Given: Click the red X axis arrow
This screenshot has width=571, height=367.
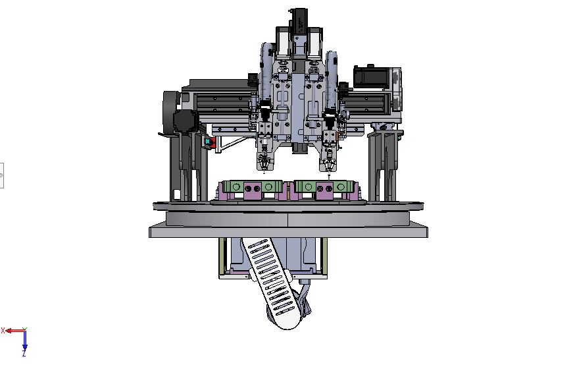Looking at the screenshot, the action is [14, 331].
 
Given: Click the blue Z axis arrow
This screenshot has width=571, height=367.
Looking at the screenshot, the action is [25, 341].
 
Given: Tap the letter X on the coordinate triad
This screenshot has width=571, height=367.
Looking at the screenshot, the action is [3, 331].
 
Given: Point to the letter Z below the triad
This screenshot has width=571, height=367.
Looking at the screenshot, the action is [24, 354].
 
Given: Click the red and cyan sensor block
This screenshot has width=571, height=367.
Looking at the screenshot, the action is [210, 142].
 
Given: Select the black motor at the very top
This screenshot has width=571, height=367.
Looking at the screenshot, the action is [299, 22].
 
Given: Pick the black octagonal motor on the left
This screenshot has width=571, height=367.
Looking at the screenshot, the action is [186, 121].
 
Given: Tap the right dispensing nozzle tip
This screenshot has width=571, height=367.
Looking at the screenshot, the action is [330, 175].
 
